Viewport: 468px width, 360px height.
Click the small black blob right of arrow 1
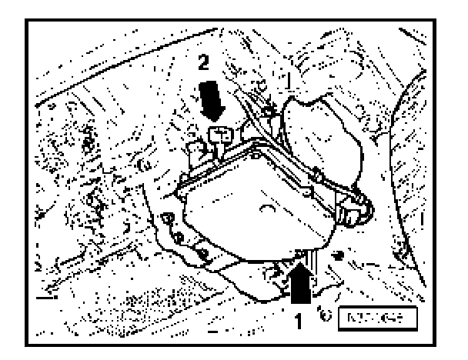339,253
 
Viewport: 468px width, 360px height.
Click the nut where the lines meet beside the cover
267,115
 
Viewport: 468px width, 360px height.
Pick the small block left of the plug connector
194,148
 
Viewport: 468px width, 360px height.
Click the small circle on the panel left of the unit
143,164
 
